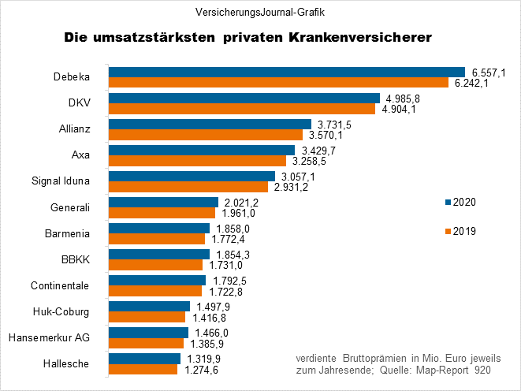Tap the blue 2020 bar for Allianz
[x=210, y=124]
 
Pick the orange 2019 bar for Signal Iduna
[x=188, y=187]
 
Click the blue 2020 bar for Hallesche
[x=144, y=358]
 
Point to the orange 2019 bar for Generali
[x=162, y=213]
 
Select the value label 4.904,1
[x=400, y=110]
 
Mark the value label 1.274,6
[x=200, y=370]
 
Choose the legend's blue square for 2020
[x=446, y=202]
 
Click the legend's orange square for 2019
[x=446, y=231]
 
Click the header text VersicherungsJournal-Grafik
[x=261, y=13]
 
